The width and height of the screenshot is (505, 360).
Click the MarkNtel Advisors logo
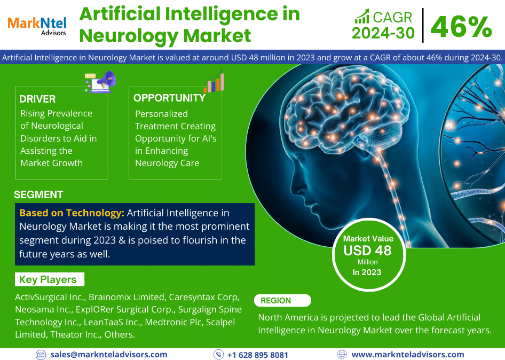point(37,26)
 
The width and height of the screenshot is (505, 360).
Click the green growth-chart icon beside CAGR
point(362,17)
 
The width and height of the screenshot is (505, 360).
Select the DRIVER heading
point(37,99)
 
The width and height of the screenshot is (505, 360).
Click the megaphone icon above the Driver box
point(100,82)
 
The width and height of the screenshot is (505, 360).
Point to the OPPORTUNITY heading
point(169,98)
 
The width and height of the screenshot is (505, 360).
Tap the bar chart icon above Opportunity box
point(214,82)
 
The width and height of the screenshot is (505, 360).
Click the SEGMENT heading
point(38,194)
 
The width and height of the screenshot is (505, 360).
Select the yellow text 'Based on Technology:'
point(72,213)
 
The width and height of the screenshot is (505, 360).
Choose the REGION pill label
point(282,300)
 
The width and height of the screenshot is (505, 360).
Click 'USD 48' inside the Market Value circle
point(367,251)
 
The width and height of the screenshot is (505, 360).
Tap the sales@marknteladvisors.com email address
point(109,355)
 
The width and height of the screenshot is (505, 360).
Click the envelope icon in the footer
point(41,355)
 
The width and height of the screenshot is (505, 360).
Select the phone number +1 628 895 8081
point(258,355)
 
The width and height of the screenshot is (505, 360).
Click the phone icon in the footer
point(218,355)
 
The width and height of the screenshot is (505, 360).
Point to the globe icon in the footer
point(342,355)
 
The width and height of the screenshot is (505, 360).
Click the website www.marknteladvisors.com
point(408,355)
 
